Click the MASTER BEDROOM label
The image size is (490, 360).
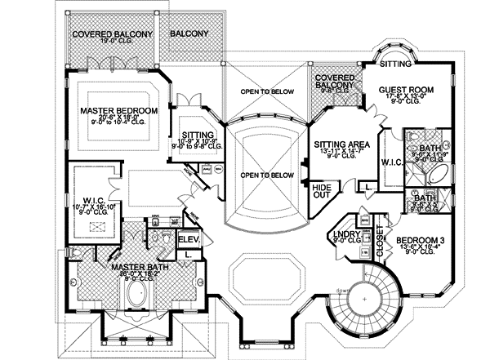[118, 109]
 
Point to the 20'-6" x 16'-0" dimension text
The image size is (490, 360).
[118, 119]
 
